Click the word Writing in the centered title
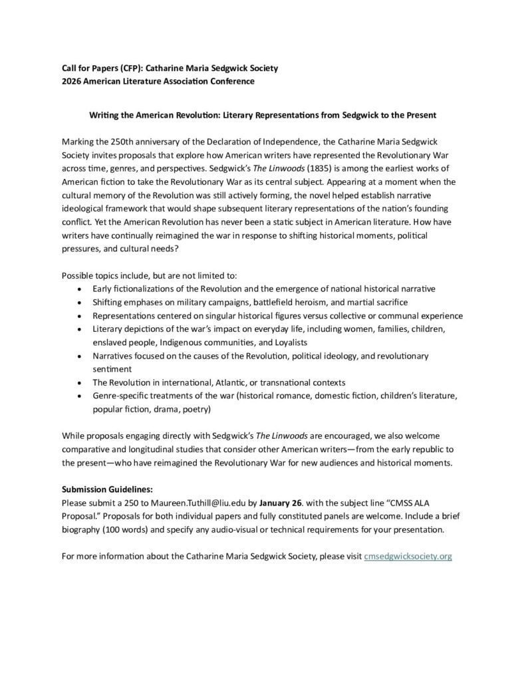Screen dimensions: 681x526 (105, 115)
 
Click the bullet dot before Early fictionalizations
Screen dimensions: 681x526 (80, 289)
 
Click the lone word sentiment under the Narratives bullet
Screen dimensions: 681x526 (113, 368)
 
